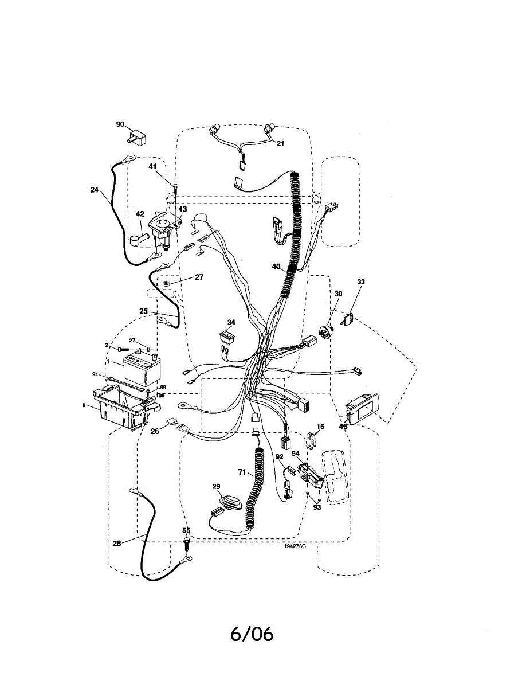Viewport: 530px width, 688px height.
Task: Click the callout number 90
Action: click(120, 124)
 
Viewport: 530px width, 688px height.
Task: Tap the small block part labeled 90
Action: click(138, 136)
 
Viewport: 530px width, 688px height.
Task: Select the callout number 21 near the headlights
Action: click(280, 144)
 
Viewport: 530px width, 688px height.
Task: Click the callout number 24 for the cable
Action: click(95, 190)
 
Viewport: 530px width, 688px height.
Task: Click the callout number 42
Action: click(140, 214)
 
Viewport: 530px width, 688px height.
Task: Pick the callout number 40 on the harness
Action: click(276, 266)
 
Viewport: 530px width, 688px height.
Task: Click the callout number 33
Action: click(360, 282)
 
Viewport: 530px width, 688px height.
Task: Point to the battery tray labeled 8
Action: click(121, 408)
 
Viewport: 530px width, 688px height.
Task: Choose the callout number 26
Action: click(155, 432)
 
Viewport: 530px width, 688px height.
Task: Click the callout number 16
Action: click(320, 427)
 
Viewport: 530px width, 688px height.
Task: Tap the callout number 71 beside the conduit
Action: click(241, 472)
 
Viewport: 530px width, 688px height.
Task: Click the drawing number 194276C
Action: click(295, 546)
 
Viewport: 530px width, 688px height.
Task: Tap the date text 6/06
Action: click(252, 634)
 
